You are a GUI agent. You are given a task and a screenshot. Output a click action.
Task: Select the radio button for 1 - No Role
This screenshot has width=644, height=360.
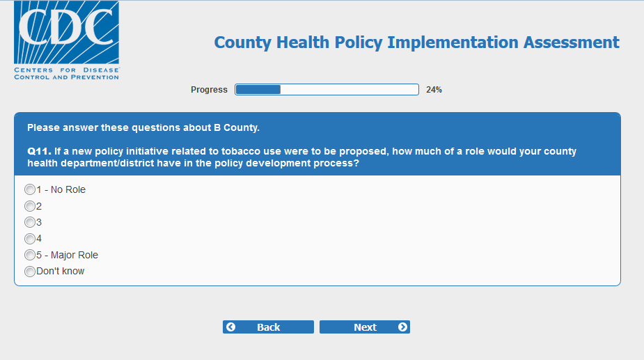point(29,189)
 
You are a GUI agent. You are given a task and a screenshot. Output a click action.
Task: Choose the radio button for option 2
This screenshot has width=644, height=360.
point(29,206)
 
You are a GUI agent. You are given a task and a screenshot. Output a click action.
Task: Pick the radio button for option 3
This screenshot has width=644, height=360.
point(29,222)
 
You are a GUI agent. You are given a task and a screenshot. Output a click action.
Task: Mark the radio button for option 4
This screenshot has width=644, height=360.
point(29,238)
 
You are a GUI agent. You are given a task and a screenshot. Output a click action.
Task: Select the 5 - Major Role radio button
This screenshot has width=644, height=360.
point(29,255)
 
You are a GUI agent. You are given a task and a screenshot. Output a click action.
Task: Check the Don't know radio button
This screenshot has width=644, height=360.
point(29,272)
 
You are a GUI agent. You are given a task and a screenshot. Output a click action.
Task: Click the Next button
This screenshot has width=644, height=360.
point(365,327)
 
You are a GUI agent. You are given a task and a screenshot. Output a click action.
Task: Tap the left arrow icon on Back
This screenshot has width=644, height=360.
point(231,327)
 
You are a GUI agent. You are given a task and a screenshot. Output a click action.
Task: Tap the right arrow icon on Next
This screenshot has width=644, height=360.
point(402,327)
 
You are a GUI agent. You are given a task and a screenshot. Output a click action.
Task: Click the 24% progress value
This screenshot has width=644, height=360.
point(434,90)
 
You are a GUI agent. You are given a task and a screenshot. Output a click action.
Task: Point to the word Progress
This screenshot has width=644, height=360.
point(209,90)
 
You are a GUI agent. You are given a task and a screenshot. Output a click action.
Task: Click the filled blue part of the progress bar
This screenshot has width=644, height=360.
point(258,90)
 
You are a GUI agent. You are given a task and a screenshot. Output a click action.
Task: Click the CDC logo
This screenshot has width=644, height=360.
point(67,40)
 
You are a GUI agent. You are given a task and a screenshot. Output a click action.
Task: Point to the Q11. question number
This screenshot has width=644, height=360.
point(39,151)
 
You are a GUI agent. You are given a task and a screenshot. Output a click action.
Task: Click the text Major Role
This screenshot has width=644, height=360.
point(74,255)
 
